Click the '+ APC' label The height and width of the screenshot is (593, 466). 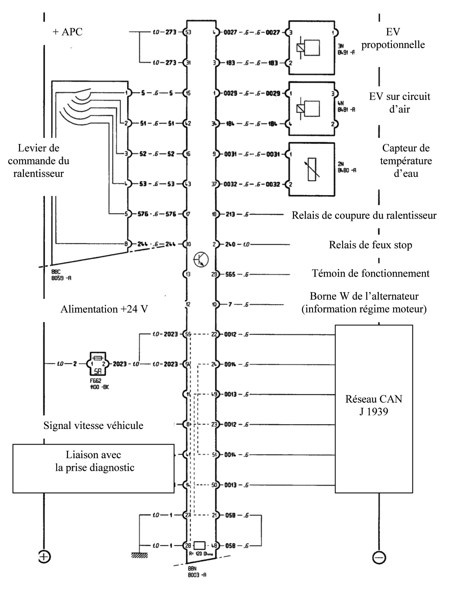(x=67, y=32)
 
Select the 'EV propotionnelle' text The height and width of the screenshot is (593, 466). (x=393, y=38)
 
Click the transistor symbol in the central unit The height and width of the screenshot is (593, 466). (x=201, y=260)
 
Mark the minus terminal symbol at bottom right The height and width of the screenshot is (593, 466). (x=379, y=557)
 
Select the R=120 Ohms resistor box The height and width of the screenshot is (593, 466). (x=200, y=545)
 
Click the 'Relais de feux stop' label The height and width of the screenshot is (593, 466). (x=370, y=245)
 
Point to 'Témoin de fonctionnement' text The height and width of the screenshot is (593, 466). (x=371, y=274)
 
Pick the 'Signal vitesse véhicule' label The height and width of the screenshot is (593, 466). (x=93, y=425)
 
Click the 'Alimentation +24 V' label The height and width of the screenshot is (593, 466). (x=104, y=309)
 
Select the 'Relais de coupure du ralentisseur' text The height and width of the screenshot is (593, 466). (x=364, y=215)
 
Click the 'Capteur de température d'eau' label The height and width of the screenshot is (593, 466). (x=405, y=161)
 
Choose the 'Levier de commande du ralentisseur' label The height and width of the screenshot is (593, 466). (x=38, y=161)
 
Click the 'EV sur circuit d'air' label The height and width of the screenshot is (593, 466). (x=399, y=103)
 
